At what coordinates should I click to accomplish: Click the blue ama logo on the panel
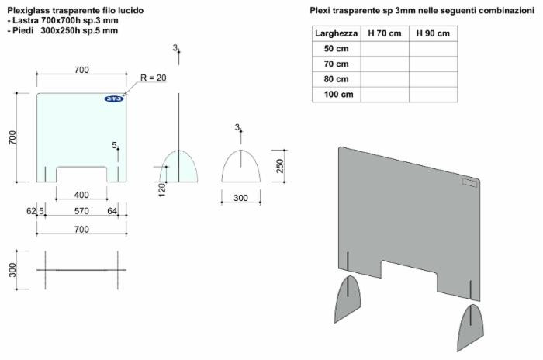coord(113,99)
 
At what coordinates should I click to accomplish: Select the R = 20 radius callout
coord(153,78)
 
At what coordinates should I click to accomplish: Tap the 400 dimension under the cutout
coord(81,195)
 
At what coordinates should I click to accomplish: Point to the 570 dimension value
coord(81,210)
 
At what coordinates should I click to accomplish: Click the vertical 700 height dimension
coord(12,137)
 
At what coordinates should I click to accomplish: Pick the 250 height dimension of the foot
coord(281,166)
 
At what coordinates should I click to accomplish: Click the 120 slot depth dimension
coord(162,189)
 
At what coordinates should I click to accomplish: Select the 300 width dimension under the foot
coord(240,199)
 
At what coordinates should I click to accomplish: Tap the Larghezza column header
coord(336,34)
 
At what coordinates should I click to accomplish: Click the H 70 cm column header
coord(384,34)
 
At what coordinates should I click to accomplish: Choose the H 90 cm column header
coord(432,34)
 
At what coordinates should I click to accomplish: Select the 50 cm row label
coord(336,49)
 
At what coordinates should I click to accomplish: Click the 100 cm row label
coord(336,94)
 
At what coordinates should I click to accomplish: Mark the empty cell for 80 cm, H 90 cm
coord(432,79)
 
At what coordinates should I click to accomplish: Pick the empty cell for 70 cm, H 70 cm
coord(384,64)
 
